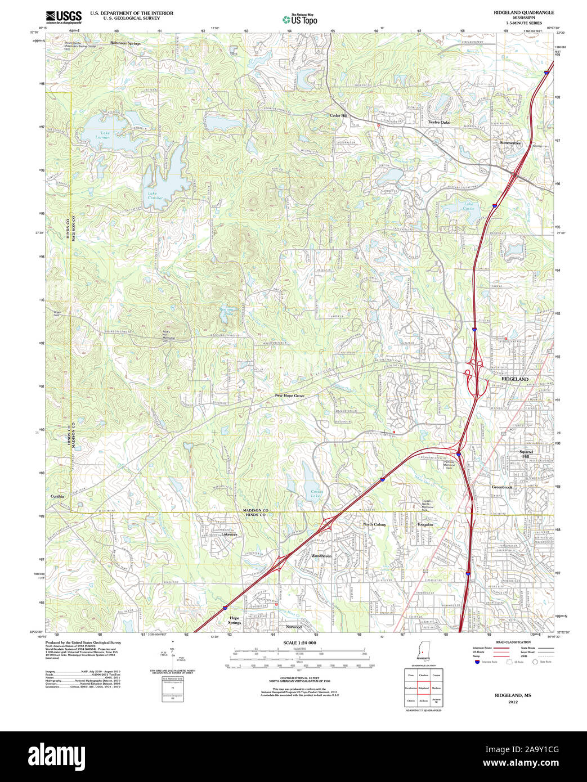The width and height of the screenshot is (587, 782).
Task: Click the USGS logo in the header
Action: point(63,16)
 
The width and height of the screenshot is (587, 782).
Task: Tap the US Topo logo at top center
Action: point(299,19)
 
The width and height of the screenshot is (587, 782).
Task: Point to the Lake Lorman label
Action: point(102,135)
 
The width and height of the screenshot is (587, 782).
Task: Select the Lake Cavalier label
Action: point(155,196)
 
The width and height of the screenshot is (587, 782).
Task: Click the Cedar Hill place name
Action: point(339,115)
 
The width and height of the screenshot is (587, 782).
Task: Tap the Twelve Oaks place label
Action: point(438,122)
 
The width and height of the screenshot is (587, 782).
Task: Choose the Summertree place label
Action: point(510,143)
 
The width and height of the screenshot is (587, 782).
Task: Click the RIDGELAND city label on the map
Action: point(514,379)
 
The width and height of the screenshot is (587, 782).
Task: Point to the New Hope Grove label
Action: point(289,396)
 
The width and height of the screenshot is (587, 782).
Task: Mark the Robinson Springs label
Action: point(126,43)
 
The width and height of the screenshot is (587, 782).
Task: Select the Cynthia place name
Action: point(57,496)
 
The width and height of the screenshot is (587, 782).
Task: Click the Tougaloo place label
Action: point(425,524)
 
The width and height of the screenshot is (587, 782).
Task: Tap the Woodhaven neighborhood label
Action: point(321,555)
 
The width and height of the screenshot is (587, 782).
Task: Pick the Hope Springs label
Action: point(235,620)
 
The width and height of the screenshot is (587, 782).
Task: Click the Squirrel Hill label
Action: point(526,454)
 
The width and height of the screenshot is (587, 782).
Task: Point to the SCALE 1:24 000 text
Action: point(299,643)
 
